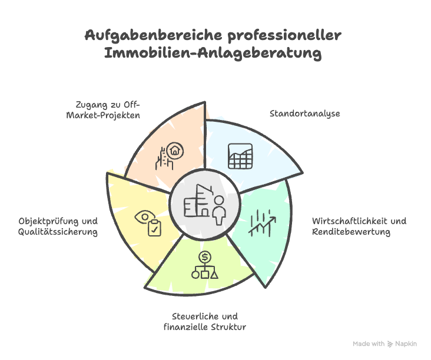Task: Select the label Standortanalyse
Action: click(305, 113)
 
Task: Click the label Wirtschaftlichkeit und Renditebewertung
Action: click(359, 226)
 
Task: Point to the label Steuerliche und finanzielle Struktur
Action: click(204, 321)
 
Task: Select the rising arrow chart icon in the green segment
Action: click(261, 222)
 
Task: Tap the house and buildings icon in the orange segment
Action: click(168, 155)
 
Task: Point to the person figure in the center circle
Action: click(220, 209)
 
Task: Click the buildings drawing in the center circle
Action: click(197, 201)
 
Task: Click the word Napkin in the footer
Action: click(406, 344)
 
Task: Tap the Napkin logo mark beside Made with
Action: click(390, 344)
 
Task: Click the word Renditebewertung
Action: click(351, 232)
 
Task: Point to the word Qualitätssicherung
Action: click(58, 232)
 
